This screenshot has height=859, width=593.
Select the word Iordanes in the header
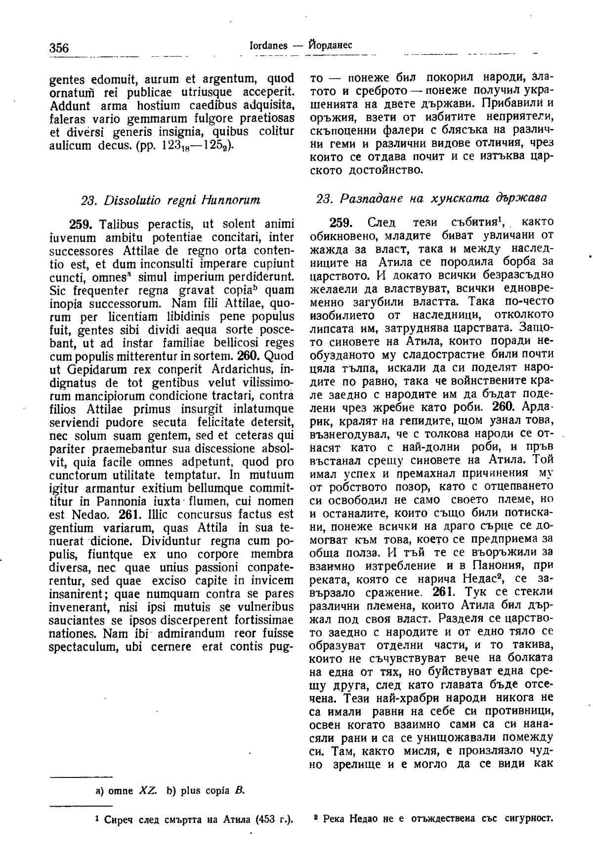click(269, 45)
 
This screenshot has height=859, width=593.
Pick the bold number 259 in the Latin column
click(79, 223)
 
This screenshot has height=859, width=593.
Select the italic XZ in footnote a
click(148, 790)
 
